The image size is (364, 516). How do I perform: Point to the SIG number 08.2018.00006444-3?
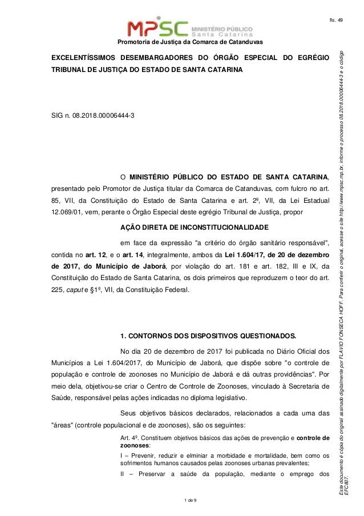[106, 115]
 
